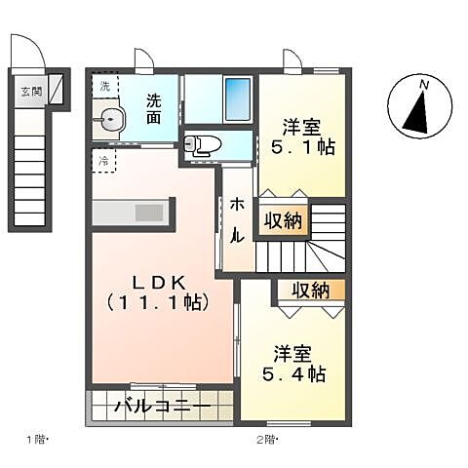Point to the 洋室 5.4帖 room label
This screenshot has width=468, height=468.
[292, 362]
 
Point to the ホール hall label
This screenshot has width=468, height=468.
[236, 220]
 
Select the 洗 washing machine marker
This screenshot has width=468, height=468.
[104, 86]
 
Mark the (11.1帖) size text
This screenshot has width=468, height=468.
[159, 302]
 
